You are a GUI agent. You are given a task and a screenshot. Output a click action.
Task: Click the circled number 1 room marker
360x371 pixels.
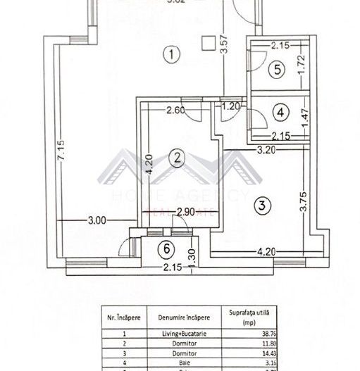coord(168,54)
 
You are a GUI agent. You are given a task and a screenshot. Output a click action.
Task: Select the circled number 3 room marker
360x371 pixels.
coord(261,206)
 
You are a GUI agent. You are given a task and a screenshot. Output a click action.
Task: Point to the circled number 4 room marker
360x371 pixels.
coord(280,111)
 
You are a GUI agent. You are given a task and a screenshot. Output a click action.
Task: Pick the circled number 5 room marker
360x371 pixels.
coord(278,69)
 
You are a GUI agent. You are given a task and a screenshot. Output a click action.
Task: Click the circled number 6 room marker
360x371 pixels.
coord(166,248)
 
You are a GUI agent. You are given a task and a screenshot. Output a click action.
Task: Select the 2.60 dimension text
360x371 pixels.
coord(176,109)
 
